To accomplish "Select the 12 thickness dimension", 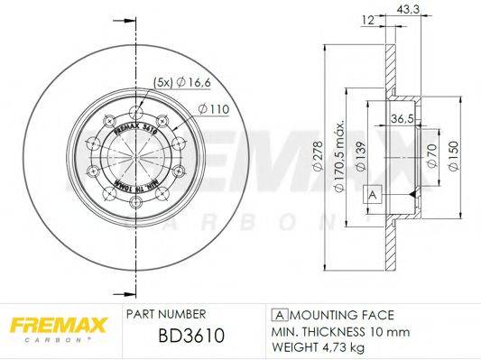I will [367, 20].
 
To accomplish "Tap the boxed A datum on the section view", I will [370, 195].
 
